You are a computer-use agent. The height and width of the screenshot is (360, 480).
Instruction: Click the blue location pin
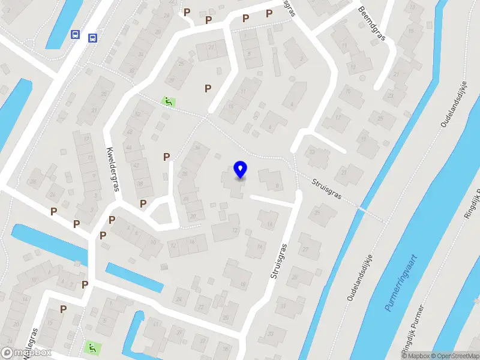point(240,169)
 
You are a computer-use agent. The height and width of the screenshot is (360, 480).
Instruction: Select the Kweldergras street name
point(112,169)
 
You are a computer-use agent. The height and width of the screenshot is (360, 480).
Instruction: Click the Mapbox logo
point(27,352)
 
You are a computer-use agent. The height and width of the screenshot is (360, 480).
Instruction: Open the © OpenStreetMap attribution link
point(455,356)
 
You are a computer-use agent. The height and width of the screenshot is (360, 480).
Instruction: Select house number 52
point(137,114)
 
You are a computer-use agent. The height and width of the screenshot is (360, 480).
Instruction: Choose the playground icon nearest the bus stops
point(169,101)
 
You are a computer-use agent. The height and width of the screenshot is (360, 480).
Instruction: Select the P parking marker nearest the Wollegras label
point(63,308)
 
